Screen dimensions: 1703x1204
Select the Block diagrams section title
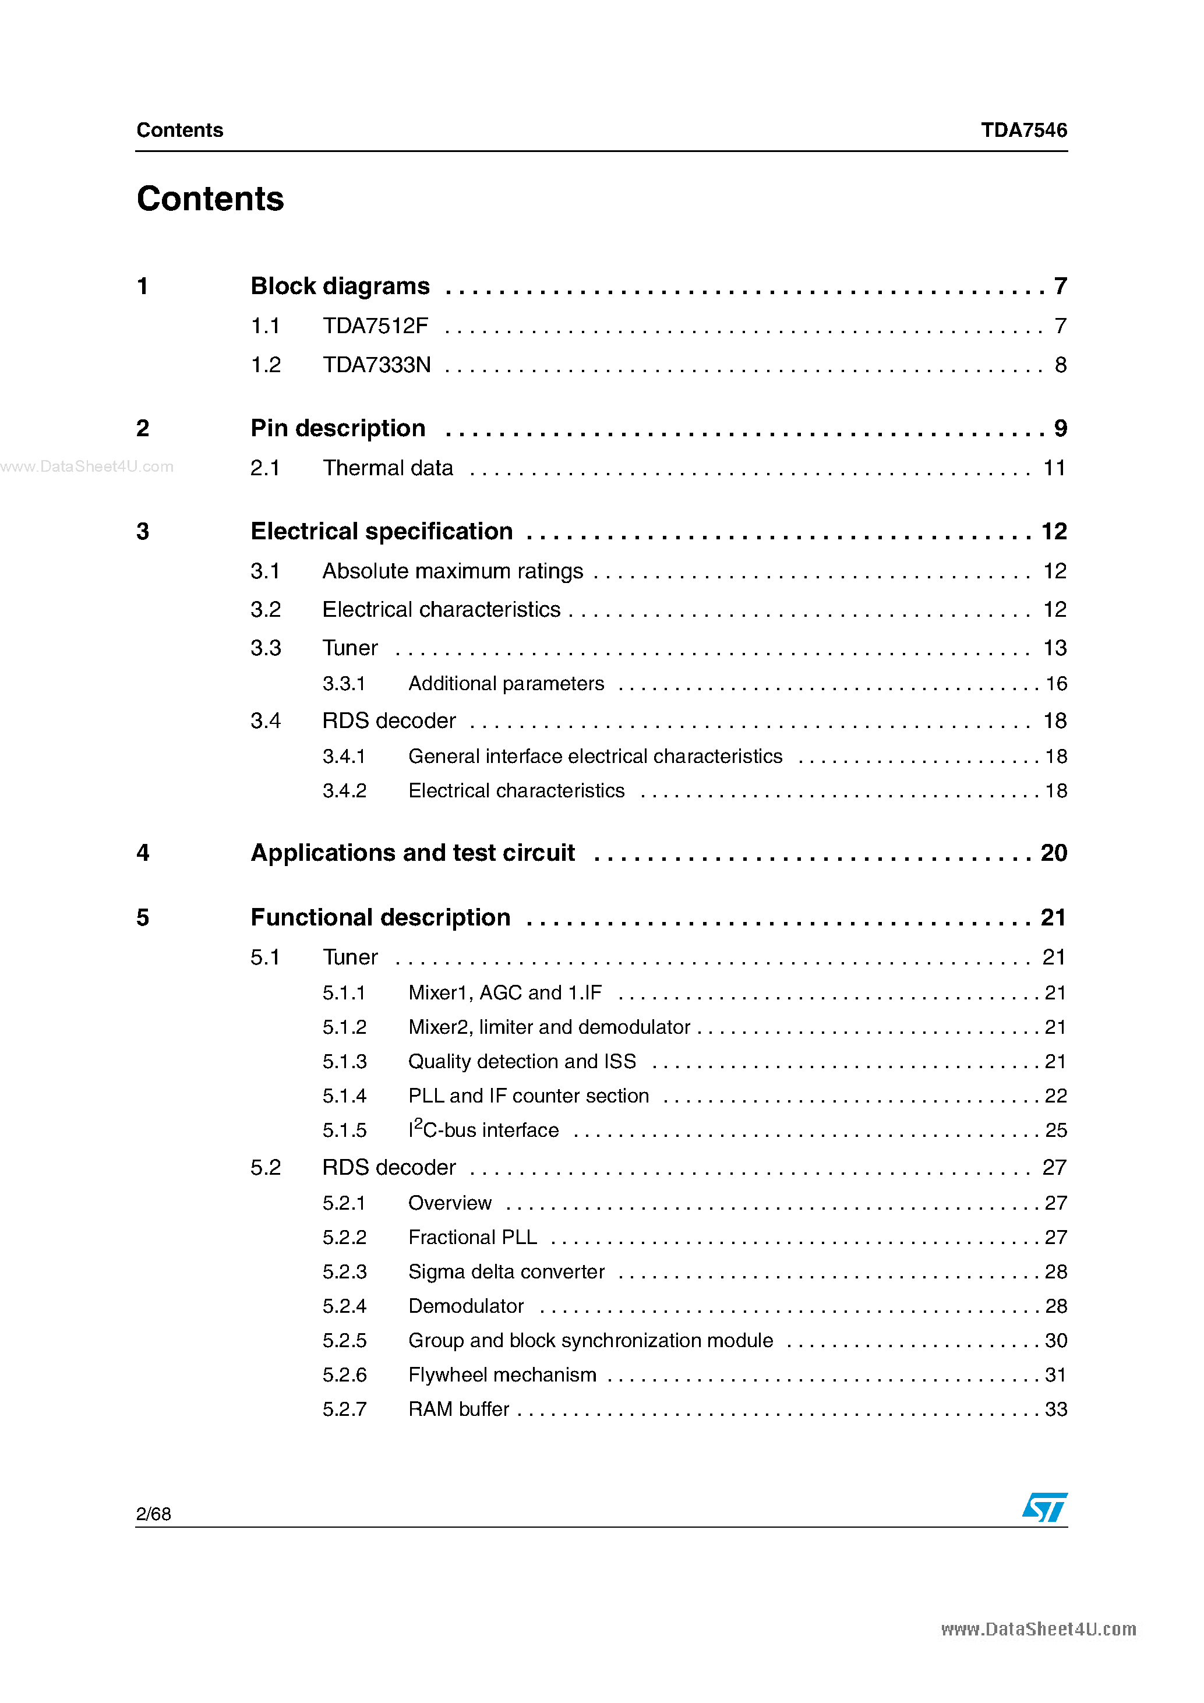[340, 287]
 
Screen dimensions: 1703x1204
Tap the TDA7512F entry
[375, 326]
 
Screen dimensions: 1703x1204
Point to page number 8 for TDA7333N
[1060, 365]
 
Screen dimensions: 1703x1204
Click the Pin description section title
[337, 429]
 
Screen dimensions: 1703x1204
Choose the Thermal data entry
[387, 468]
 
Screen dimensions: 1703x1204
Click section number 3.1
[265, 571]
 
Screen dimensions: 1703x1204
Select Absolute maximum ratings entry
[453, 571]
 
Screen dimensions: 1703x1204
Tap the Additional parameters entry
[506, 683]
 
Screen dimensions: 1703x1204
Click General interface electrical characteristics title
[595, 756]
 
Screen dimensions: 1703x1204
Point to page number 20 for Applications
[1053, 853]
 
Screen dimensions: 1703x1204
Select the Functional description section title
[380, 917]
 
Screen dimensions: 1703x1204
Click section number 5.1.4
[344, 1096]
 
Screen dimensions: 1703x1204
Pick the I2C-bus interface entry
[483, 1130]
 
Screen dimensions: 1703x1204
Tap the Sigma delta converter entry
[506, 1271]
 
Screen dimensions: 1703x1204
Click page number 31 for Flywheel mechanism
[1055, 1375]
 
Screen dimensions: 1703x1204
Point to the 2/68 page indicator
[154, 1514]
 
